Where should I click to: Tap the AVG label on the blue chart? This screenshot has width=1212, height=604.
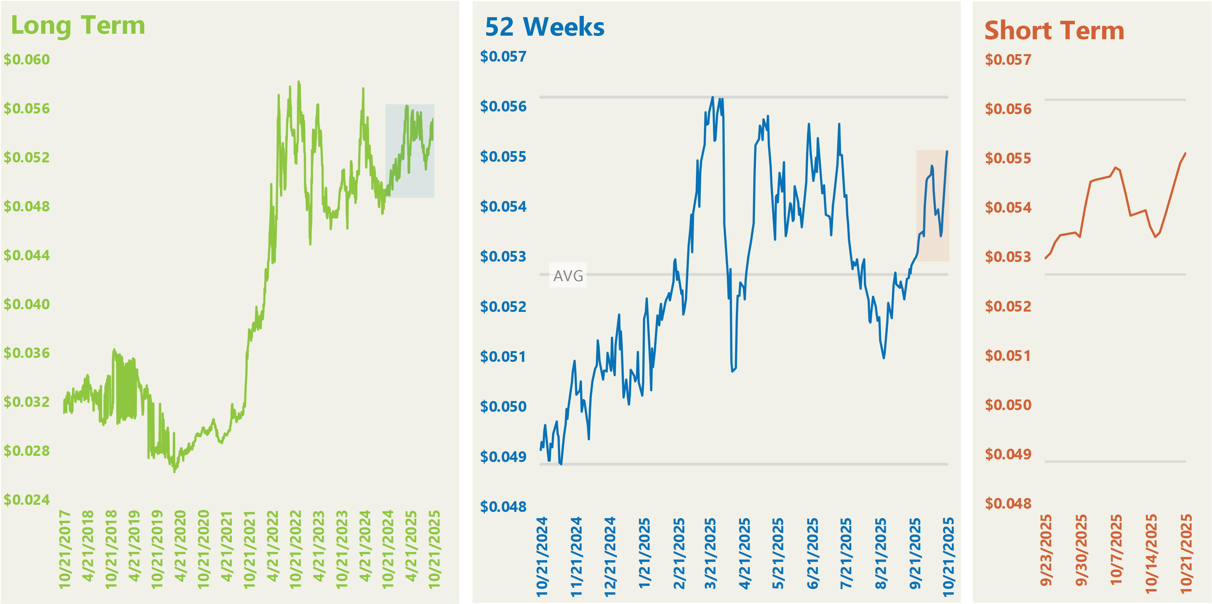(x=568, y=276)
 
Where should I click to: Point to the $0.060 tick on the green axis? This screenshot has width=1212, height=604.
(x=27, y=60)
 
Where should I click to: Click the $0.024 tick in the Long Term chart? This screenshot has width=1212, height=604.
(x=27, y=500)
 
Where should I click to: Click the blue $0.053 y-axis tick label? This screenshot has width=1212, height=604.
(x=503, y=257)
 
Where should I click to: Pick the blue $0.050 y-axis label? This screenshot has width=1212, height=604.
(x=503, y=407)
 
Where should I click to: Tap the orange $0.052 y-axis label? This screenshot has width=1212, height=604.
(x=1008, y=307)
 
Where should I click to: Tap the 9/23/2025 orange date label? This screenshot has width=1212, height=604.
(x=1046, y=551)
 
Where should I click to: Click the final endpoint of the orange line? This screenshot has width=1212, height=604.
(x=1185, y=154)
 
